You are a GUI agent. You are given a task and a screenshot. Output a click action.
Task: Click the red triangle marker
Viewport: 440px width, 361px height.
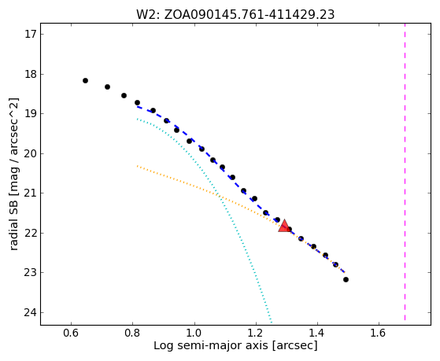(284, 226)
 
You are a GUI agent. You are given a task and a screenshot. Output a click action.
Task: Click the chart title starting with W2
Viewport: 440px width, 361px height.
(235, 15)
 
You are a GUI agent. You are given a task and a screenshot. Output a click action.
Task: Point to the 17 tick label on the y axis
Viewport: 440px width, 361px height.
(31, 35)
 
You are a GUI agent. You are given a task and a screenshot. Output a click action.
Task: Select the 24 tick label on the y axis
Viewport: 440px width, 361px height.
(31, 312)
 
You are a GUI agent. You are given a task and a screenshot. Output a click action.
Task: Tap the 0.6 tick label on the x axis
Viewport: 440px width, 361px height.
(71, 333)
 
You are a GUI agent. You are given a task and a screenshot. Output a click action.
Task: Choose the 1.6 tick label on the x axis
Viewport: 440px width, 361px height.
(379, 333)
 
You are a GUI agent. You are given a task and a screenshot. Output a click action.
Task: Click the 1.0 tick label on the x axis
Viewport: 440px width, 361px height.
(194, 333)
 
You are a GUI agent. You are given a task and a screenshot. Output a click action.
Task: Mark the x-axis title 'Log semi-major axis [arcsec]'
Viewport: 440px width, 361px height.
(235, 345)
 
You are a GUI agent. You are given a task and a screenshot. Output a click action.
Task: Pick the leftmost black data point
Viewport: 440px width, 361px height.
(85, 81)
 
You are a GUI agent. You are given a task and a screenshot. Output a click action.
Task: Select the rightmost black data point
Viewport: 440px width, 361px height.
(346, 280)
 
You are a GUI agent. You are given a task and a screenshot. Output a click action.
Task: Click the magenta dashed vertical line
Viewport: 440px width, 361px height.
(405, 171)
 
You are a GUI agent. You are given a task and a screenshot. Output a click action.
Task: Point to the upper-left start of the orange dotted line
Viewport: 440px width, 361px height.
(137, 166)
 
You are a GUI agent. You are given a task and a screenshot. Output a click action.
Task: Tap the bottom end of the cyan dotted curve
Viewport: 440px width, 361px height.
(271, 322)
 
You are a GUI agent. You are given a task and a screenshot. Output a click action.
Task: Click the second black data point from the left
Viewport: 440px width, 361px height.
(107, 87)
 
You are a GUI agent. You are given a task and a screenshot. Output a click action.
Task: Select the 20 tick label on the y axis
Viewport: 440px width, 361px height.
(31, 153)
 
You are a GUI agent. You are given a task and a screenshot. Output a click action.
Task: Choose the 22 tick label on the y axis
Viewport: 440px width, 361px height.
(31, 233)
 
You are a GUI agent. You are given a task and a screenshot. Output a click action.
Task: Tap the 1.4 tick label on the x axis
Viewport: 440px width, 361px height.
(317, 333)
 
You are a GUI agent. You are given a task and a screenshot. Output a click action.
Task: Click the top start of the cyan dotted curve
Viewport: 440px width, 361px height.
(137, 119)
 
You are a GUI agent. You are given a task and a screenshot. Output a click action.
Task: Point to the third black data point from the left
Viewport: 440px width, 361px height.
(124, 96)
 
